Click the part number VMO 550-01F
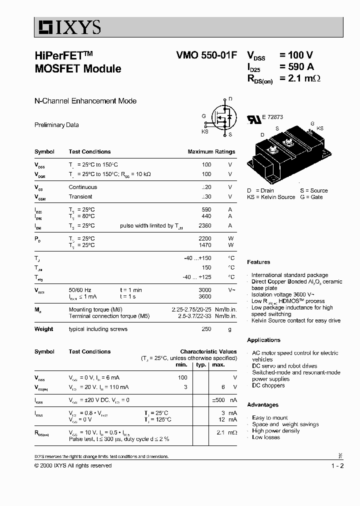pos(207,56)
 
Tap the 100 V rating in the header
pos(296,56)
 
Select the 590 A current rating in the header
pos(297,67)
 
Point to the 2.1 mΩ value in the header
pos(300,78)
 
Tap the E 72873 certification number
pos(272,117)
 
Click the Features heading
pos(258,262)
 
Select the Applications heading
pos(263,340)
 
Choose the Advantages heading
pos(262,405)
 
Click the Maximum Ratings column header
pos(211,151)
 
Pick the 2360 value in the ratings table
pos(204,225)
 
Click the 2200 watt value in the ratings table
pos(204,238)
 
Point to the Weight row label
pos(44,329)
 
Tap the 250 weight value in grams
pos(206,329)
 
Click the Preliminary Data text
pos(56,125)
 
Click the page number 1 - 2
pos(337,466)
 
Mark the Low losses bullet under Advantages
pos(266,437)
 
